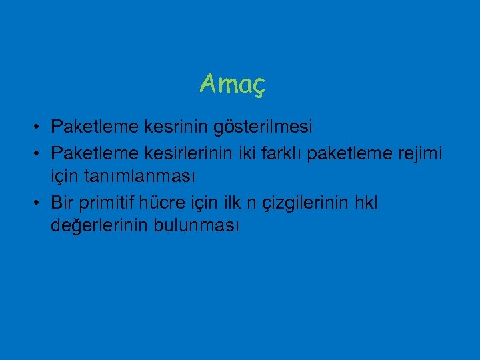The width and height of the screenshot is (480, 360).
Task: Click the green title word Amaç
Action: [233, 84]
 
